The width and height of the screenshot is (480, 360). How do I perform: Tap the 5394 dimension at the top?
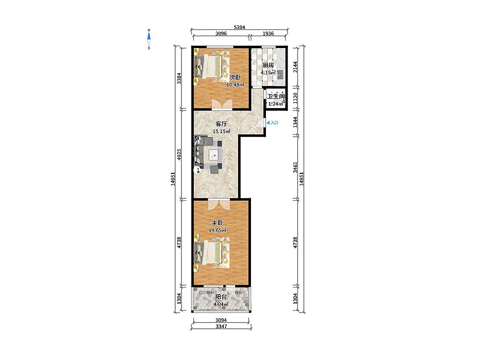[240, 27]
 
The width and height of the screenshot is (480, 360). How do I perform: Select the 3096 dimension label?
[221, 34]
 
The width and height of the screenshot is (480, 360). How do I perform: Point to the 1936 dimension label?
[268, 34]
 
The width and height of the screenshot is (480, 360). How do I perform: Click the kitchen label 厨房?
[268, 65]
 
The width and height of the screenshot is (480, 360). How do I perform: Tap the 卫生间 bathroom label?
[276, 96]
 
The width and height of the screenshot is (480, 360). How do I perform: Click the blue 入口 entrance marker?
[273, 123]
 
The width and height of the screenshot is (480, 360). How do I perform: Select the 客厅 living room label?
[221, 124]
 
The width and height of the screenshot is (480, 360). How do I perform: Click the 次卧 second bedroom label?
[235, 77]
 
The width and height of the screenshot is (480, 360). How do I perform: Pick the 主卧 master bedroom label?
[217, 223]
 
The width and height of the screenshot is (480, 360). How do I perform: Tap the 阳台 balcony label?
[221, 297]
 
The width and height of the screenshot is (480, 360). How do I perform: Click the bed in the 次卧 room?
[211, 66]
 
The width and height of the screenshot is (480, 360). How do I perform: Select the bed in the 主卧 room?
[211, 253]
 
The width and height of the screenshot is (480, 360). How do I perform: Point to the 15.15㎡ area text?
[221, 132]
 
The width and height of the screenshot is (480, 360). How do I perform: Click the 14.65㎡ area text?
[217, 230]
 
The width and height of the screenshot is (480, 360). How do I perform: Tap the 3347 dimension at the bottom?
[221, 326]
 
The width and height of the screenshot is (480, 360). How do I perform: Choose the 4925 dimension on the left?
[180, 155]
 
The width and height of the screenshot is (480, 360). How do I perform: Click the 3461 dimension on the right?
[295, 168]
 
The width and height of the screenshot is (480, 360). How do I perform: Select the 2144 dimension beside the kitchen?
[295, 67]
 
